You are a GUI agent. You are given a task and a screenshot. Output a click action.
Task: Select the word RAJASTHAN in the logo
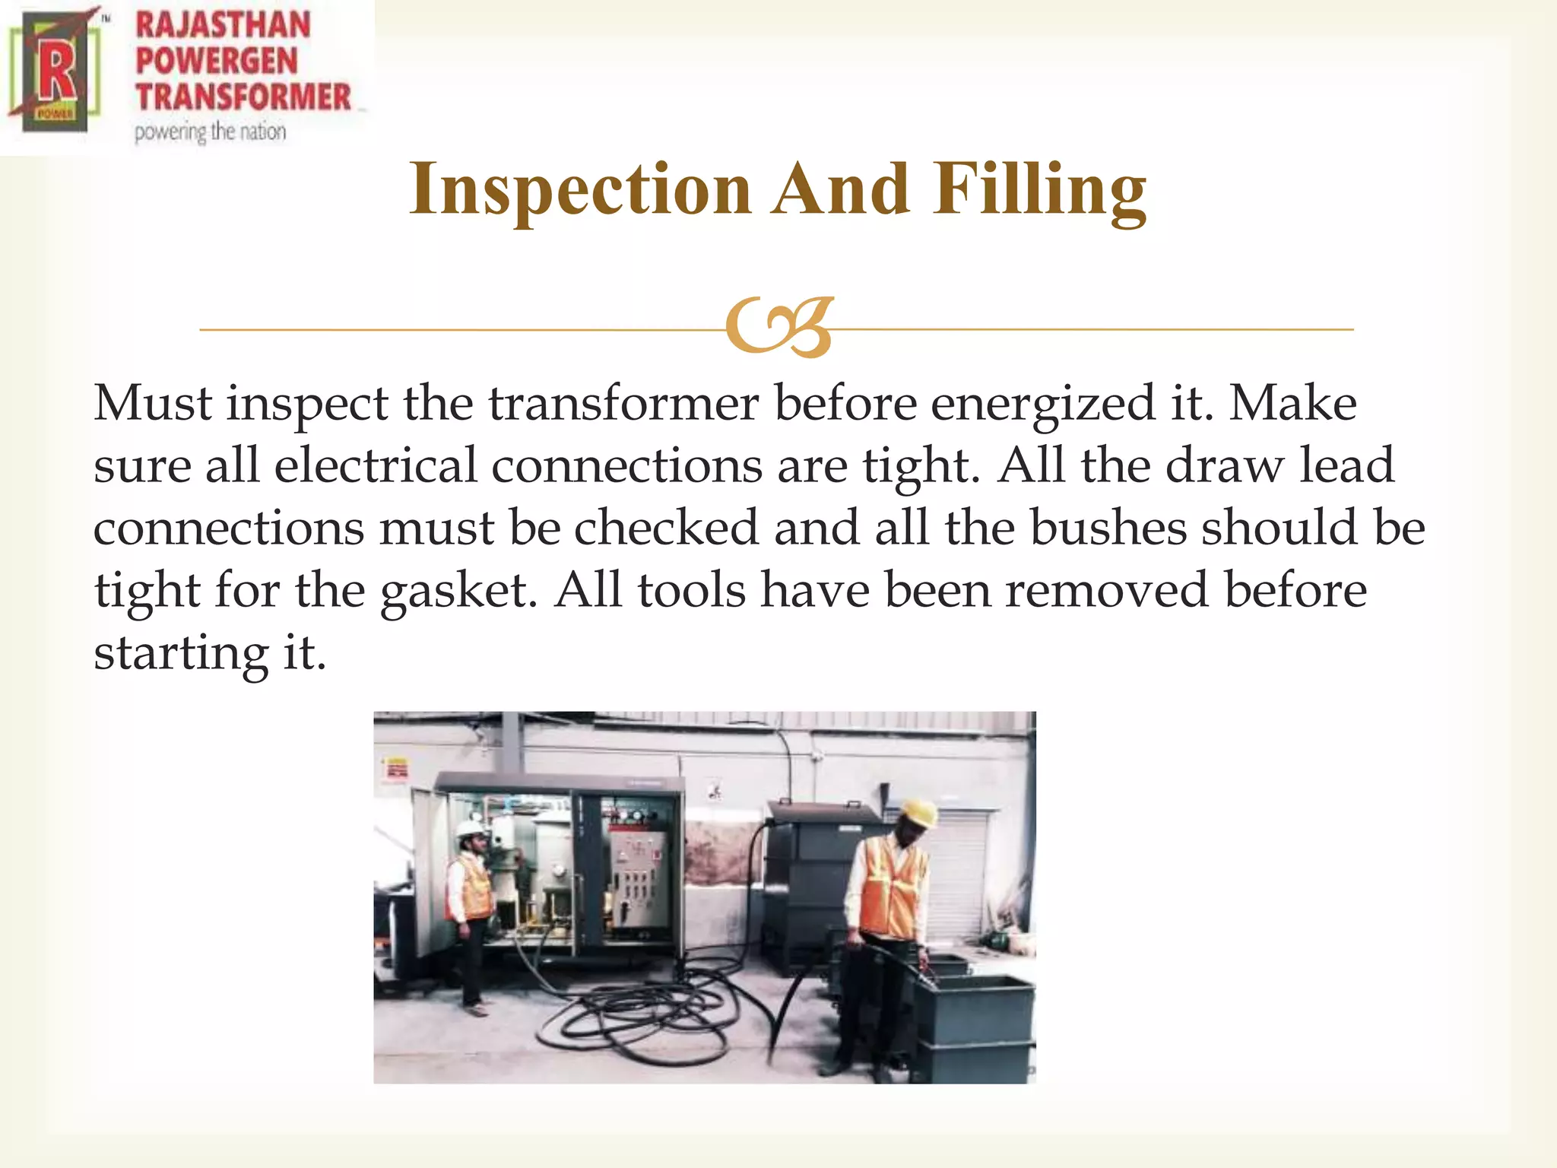coord(223,25)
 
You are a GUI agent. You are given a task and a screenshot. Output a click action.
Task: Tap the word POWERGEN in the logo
coord(216,62)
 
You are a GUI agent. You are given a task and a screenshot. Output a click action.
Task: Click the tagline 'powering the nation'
coord(210,132)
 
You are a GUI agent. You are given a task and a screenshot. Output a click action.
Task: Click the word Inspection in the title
coord(581,190)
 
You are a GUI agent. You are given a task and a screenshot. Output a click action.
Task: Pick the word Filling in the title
coord(1039,190)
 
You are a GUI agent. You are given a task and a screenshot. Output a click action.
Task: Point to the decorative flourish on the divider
coord(779,327)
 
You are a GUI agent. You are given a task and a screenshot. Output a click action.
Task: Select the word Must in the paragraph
coord(152,403)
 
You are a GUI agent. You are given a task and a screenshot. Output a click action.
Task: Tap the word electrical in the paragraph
coord(376,465)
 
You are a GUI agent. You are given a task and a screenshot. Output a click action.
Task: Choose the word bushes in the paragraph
coord(1108,528)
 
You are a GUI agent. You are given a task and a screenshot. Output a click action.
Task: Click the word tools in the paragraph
coord(692,590)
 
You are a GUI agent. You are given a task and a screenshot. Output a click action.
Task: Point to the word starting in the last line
coord(181,652)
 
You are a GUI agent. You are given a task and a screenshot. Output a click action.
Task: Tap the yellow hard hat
coord(918,812)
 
